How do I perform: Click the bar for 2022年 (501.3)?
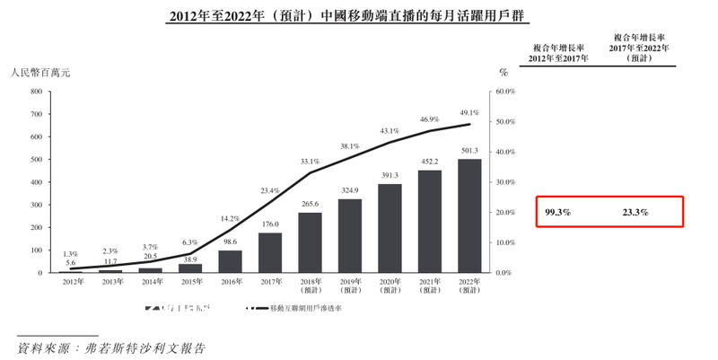(x=469, y=215)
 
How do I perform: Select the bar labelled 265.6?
(x=310, y=242)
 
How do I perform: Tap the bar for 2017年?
(x=269, y=252)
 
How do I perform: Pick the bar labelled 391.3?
(x=390, y=228)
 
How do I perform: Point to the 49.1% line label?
(x=469, y=113)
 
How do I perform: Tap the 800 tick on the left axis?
(x=37, y=92)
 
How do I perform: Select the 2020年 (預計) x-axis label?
(x=390, y=285)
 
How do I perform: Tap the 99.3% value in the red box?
(x=557, y=213)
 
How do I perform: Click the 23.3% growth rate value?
(x=635, y=213)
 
